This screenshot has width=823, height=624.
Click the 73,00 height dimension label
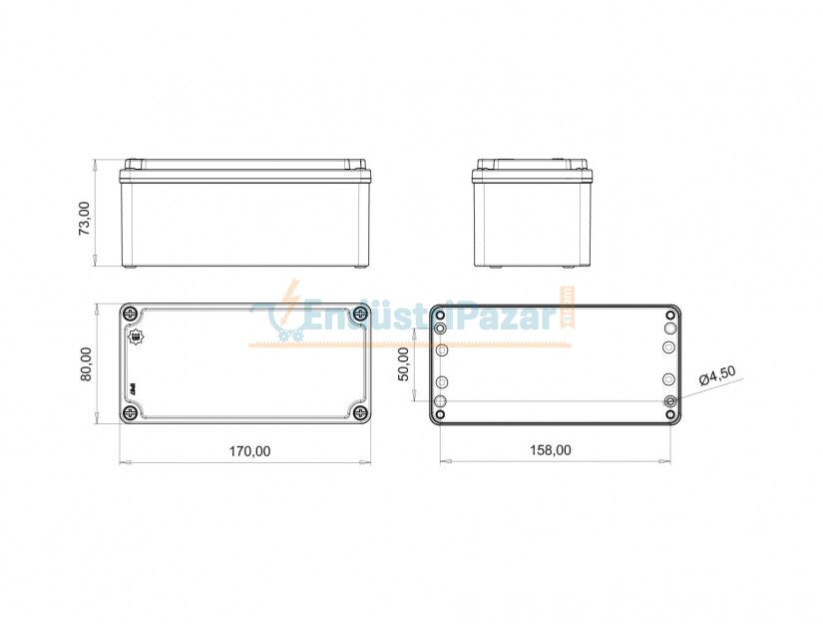click(x=85, y=217)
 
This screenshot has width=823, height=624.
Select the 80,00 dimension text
click(x=86, y=362)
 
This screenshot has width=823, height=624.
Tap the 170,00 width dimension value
click(x=249, y=450)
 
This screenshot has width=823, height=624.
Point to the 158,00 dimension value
click(x=551, y=450)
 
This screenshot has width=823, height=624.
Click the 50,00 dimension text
click(x=404, y=364)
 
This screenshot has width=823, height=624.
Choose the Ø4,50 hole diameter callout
click(x=717, y=376)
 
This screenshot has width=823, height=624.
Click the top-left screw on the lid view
click(x=130, y=314)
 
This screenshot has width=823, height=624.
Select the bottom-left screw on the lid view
click(x=130, y=412)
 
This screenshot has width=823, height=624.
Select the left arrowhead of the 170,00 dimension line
click(x=124, y=462)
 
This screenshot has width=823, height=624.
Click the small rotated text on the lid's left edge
click(x=130, y=386)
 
